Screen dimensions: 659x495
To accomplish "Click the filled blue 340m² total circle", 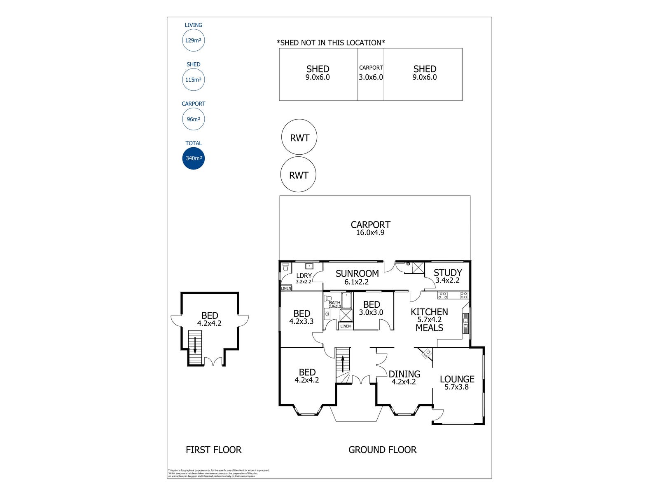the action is coord(193,158).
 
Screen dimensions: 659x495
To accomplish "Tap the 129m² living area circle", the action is coord(193,40).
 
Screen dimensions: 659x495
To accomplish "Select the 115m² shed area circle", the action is coord(193,80).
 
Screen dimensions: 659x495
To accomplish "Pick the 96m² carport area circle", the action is coord(193,119).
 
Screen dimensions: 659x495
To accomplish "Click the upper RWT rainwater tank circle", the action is coord(299,138).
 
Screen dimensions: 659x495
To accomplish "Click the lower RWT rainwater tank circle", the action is coord(298,174).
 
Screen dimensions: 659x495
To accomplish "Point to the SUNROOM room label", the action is coord(357,273).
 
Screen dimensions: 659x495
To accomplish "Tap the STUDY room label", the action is coord(448,273).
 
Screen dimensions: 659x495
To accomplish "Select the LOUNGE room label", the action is coord(457,379).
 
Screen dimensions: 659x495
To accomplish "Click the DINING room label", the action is coord(404,374).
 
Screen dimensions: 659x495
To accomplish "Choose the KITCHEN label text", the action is coord(429,312).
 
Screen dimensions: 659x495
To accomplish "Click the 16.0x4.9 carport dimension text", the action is coord(370,233).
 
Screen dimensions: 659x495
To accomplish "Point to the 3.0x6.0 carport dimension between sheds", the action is coord(371,77).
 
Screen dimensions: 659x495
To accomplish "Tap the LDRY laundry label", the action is coord(304,276).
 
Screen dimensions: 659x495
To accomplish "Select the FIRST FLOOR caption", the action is coord(213,450).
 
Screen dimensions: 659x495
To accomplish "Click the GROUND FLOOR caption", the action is coord(382,450).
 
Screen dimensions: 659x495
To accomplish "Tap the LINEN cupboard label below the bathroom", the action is coord(346,326).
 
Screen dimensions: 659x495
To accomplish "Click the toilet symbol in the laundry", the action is coord(285,267).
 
